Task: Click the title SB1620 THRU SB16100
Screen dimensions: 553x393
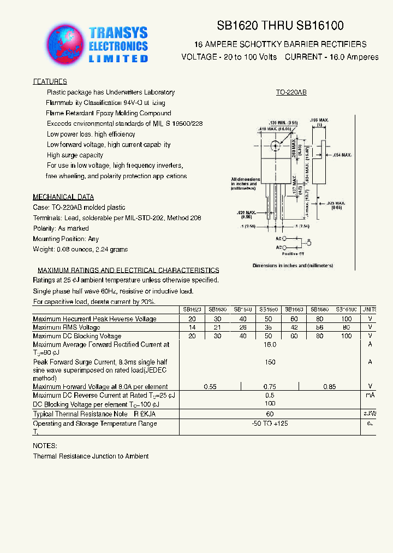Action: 281,26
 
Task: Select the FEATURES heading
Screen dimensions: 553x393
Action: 50,81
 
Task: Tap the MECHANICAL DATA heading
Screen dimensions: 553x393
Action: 63,197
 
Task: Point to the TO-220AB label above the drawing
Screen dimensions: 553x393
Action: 291,93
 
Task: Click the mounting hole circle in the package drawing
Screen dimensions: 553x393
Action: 276,146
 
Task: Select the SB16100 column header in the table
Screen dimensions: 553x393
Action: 346,309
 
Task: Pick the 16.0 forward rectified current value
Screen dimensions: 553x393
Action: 270,345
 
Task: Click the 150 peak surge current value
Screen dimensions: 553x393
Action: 270,362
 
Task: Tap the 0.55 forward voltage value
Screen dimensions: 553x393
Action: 210,387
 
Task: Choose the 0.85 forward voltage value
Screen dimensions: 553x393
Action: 330,387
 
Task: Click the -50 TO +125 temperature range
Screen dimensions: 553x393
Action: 270,423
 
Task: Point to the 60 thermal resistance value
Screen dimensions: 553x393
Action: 270,414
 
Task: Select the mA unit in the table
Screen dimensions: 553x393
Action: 370,395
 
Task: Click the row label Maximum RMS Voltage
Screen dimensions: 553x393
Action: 67,327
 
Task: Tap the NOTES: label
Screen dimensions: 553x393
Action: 45,446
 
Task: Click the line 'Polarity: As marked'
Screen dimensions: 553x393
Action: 61,228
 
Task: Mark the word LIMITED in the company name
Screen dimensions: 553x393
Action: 118,58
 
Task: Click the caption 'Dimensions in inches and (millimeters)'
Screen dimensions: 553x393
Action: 293,266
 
